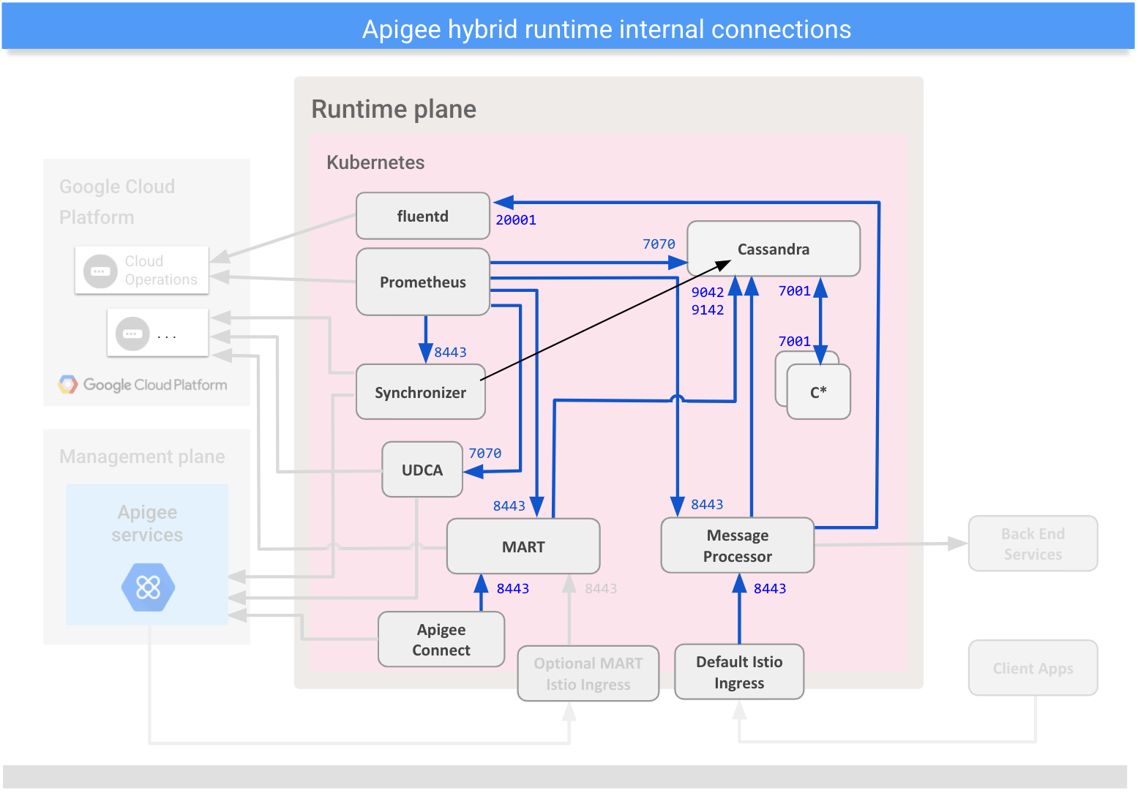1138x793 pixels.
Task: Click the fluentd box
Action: pyautogui.click(x=422, y=216)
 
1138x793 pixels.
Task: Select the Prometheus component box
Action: pyautogui.click(x=422, y=282)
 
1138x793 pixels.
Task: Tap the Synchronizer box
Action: pyautogui.click(x=420, y=392)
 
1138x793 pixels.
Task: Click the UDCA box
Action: pyautogui.click(x=422, y=470)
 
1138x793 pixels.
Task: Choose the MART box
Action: pyautogui.click(x=523, y=546)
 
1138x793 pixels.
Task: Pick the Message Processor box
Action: pyautogui.click(x=737, y=546)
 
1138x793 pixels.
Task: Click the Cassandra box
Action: pyautogui.click(x=773, y=249)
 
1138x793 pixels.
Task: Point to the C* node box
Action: pyautogui.click(x=818, y=392)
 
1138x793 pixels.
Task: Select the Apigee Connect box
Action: pyautogui.click(x=441, y=639)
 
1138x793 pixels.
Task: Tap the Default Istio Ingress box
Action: pyautogui.click(x=738, y=672)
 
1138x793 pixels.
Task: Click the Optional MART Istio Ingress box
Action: pyautogui.click(x=588, y=673)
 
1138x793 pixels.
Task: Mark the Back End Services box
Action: pyautogui.click(x=1032, y=544)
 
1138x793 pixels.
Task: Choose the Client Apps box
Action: pyautogui.click(x=1032, y=668)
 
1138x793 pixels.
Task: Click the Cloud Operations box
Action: pyautogui.click(x=142, y=270)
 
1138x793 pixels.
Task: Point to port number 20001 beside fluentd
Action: pyautogui.click(x=515, y=220)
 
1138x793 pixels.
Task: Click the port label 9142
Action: pyautogui.click(x=707, y=310)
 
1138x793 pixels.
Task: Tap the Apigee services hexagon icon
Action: pyautogui.click(x=148, y=587)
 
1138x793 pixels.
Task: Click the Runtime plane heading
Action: pyautogui.click(x=394, y=109)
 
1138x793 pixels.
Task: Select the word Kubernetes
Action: pyautogui.click(x=375, y=162)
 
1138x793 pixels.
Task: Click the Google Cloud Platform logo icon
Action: pyautogui.click(x=68, y=385)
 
